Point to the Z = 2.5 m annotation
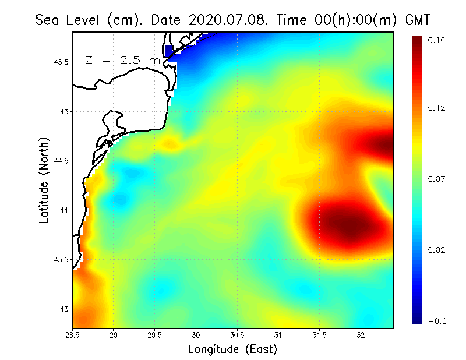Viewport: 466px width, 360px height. [122, 60]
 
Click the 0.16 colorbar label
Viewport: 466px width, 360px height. [436, 40]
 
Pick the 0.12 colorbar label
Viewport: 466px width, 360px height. [436, 108]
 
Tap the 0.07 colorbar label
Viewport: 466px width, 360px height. [436, 179]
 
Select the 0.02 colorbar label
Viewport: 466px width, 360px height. [436, 250]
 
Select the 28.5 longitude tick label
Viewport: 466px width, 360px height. [73, 336]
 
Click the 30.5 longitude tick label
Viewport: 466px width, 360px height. [238, 336]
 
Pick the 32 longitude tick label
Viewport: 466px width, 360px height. [361, 336]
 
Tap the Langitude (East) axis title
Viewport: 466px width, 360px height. [232, 350]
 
